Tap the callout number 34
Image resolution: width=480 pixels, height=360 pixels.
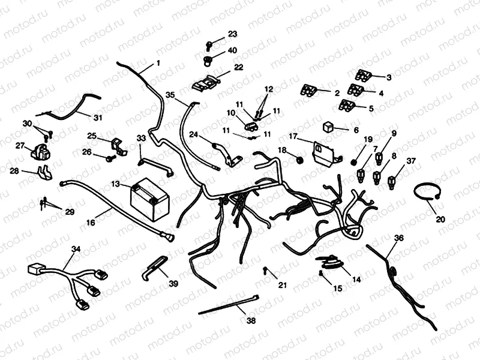(x=76, y=249)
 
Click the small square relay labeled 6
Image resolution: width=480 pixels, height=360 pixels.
(x=329, y=128)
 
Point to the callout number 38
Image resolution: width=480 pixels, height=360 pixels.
(x=251, y=320)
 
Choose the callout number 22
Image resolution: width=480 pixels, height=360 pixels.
(x=238, y=67)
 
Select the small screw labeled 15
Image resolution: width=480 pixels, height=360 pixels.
(x=322, y=274)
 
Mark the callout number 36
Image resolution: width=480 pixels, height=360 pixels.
(x=399, y=238)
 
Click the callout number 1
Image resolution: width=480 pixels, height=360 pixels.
(x=158, y=62)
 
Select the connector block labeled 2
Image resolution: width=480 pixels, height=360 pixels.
(x=308, y=91)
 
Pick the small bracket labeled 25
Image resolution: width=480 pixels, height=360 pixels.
(x=119, y=146)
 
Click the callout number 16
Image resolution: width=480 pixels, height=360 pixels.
(x=91, y=222)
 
